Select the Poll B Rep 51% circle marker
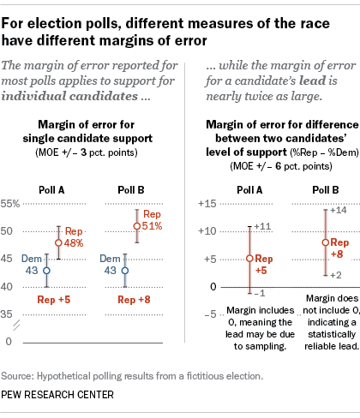136,226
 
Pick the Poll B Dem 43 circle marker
125,270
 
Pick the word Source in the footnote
21,376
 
